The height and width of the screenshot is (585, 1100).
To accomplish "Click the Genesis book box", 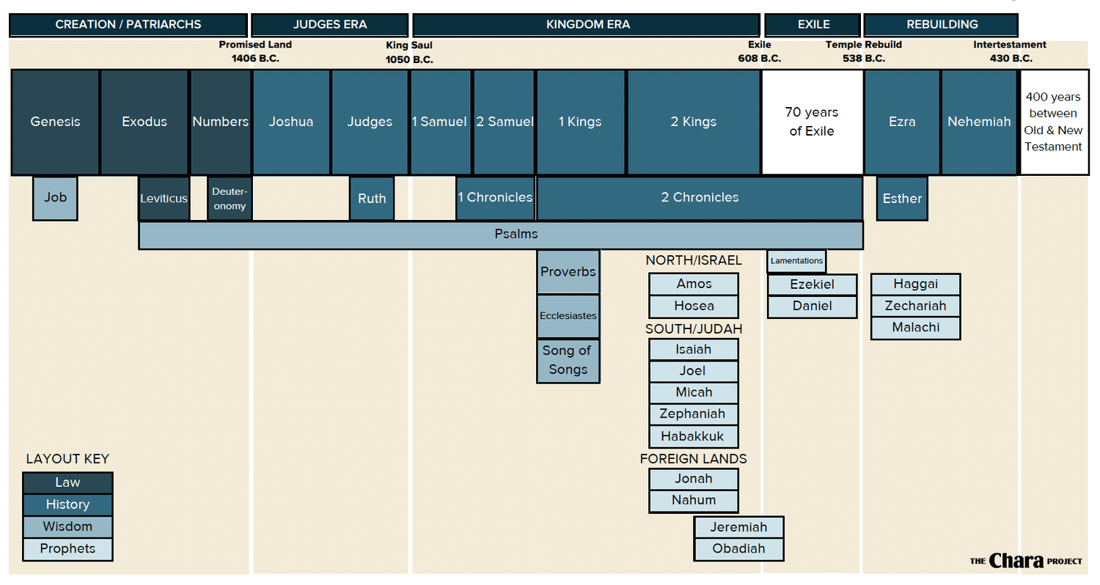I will coord(55,122).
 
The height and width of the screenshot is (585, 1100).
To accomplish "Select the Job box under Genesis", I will coord(55,198).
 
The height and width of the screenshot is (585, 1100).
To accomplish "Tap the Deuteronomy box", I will coord(230,198).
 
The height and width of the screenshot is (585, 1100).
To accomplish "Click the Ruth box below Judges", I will coord(372,198).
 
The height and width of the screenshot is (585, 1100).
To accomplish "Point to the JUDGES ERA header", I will coord(329,25).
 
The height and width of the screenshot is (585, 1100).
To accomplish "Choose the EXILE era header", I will coord(813,25).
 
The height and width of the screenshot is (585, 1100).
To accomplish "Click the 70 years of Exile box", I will coord(812,122).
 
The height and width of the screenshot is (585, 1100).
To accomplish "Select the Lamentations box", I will coord(796,261).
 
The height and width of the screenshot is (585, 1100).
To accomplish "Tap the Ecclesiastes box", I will coord(568,316).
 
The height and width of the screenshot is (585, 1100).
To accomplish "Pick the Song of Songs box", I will coord(568,360).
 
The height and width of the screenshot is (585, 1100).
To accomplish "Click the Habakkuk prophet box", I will coord(693,436).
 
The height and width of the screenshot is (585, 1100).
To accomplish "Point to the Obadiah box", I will coord(738,548).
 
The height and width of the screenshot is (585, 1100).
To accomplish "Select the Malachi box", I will coord(915,328).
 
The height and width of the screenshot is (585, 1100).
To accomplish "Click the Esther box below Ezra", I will coord(902,198).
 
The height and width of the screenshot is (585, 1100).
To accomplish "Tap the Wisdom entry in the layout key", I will coord(67,526).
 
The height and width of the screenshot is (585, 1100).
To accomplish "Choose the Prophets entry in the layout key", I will coord(67,549).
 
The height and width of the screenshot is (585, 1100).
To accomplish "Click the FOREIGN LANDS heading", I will coord(693,459).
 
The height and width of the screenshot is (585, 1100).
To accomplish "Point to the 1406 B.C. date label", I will coord(255,59).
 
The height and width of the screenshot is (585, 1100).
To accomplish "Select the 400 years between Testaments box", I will coord(1053,122).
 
